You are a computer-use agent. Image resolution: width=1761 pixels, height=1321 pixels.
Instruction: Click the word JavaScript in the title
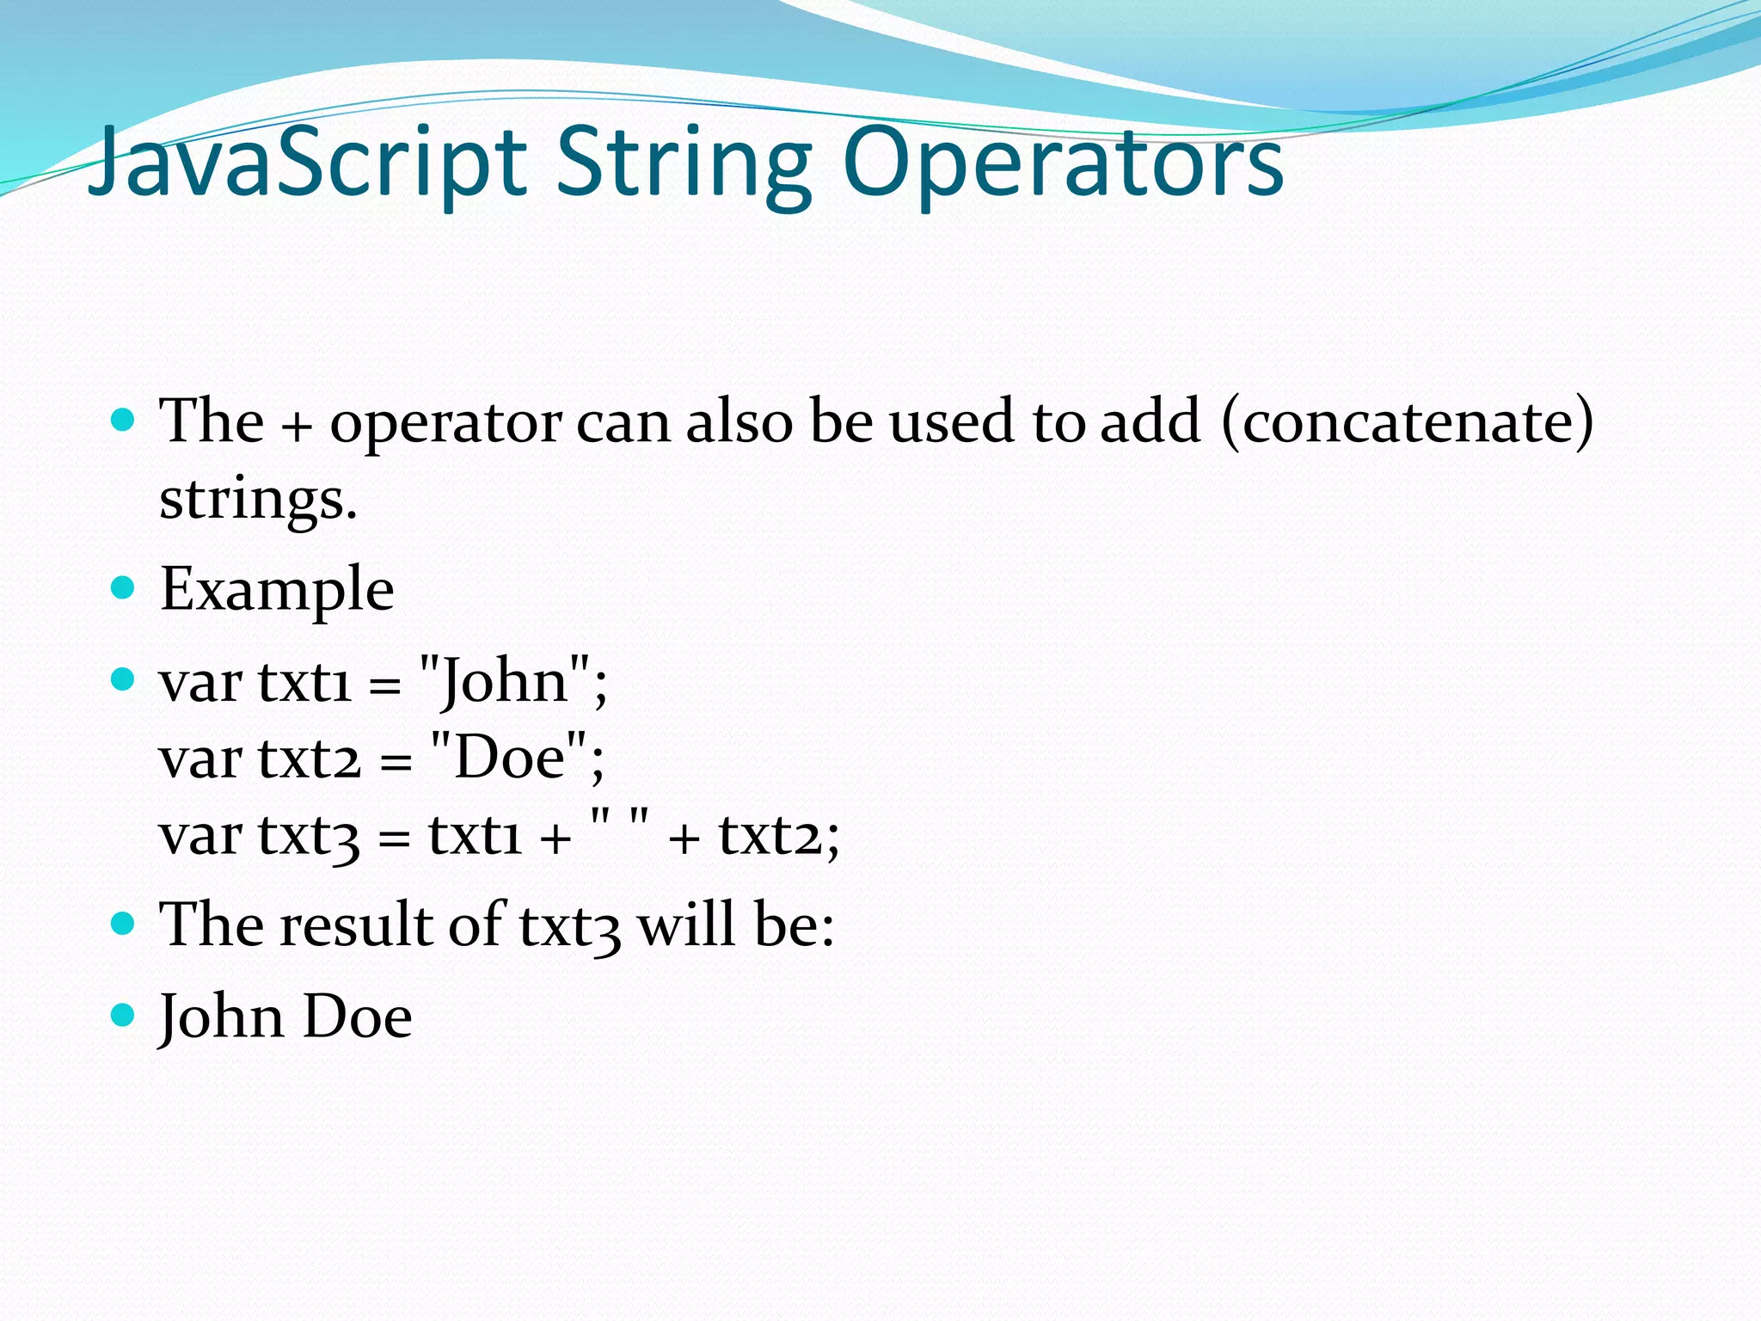click(307, 163)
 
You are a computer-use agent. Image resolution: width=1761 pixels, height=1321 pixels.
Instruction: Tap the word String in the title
click(684, 163)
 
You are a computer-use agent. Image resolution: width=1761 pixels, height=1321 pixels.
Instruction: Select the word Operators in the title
click(1063, 163)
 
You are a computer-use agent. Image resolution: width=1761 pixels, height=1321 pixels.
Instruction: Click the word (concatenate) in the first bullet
click(1407, 422)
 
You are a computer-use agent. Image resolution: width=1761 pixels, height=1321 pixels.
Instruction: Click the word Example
click(277, 590)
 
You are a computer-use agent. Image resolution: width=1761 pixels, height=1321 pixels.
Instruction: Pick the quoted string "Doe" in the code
click(509, 758)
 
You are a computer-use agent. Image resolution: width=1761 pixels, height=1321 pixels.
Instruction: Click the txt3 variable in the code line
click(309, 835)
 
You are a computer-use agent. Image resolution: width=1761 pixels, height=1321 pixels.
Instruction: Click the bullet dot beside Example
click(124, 587)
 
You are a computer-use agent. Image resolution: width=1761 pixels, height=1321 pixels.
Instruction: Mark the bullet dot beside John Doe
click(124, 1015)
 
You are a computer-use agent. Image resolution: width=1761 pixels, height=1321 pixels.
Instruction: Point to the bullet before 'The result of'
click(124, 924)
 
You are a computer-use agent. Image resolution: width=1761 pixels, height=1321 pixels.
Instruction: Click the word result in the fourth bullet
click(356, 925)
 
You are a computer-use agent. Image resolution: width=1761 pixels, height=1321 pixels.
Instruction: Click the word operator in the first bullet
click(446, 423)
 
